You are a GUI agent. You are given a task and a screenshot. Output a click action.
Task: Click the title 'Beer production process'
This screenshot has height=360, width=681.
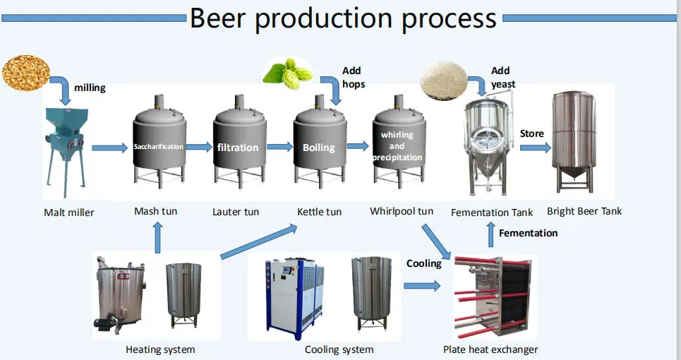(343, 18)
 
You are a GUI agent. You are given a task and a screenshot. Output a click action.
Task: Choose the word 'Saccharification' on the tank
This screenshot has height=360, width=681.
(159, 147)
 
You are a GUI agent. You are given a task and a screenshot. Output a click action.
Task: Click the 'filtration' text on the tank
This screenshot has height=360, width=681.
(238, 148)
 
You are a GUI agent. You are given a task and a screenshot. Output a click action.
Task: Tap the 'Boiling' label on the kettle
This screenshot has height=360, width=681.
(318, 148)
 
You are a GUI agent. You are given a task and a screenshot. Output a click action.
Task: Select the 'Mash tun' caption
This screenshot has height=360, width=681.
(156, 211)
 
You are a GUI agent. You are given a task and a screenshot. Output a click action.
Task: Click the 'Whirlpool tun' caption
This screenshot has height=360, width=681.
(402, 211)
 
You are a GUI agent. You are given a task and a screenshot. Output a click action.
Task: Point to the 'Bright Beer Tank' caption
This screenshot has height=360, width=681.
(584, 211)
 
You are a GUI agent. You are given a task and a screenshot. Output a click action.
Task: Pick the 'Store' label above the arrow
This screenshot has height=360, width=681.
(532, 133)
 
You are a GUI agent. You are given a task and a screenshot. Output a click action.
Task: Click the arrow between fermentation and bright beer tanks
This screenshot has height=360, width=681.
(534, 148)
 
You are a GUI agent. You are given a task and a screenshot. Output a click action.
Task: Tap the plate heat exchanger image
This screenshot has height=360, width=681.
(491, 297)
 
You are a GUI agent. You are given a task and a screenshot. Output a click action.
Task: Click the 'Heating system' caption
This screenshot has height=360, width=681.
(160, 349)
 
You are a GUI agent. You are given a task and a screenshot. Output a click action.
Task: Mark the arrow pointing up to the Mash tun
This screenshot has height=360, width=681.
(157, 236)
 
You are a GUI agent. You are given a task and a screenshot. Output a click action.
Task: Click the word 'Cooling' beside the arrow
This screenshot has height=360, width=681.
(423, 263)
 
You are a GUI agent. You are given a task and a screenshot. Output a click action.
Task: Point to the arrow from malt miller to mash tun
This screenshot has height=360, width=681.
(109, 148)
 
